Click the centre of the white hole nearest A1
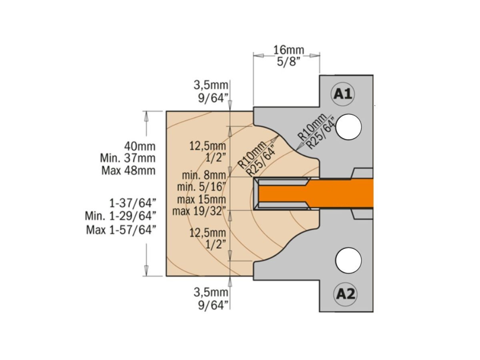[x=348, y=127]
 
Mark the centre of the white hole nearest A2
[x=348, y=260]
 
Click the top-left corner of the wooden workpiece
[x=166, y=111]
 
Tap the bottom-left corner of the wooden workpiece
[x=166, y=276]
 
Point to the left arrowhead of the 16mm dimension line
[x=258, y=56]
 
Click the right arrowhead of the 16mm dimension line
[x=315, y=56]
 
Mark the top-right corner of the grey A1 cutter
[x=373, y=75]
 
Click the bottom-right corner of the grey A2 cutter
[x=373, y=312]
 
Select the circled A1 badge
[x=343, y=94]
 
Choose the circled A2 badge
[x=345, y=294]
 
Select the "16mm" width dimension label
[x=289, y=50]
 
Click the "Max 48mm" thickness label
[x=128, y=170]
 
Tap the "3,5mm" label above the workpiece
[x=211, y=85]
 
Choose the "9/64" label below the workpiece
[x=213, y=305]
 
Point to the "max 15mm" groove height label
[x=202, y=199]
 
